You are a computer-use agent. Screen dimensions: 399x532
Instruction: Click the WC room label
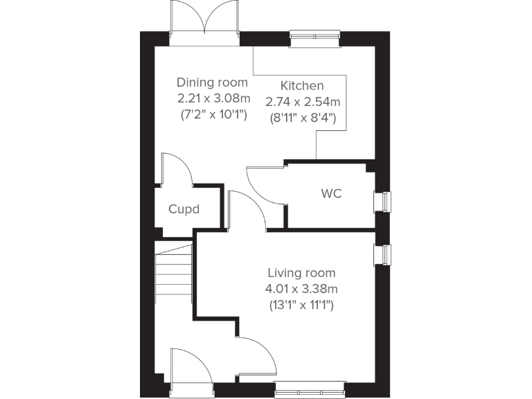331,194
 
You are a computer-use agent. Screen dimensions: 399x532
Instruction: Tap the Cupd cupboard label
184,209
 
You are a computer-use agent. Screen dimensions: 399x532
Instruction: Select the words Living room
301,273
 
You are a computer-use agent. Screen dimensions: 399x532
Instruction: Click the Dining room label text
212,82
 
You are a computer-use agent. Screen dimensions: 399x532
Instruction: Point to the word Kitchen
301,86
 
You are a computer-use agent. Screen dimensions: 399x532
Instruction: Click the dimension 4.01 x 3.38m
301,288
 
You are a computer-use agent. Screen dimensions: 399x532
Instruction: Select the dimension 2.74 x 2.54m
303,101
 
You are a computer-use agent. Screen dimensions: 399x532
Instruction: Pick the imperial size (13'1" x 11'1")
301,304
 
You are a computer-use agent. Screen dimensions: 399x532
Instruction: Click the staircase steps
173,274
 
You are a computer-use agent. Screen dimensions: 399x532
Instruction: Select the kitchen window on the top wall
314,38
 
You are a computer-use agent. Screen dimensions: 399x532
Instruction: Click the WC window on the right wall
382,202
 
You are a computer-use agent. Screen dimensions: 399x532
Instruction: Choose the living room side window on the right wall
382,254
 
